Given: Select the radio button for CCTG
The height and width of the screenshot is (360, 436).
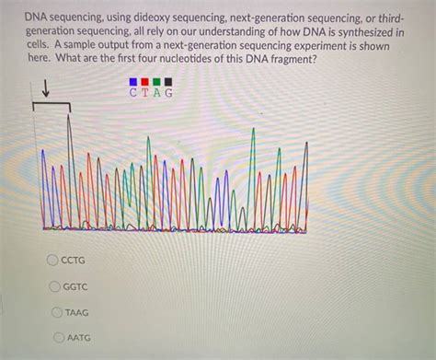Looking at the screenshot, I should pyautogui.click(x=53, y=261).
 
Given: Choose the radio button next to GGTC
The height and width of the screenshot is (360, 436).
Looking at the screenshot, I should pyautogui.click(x=57, y=286).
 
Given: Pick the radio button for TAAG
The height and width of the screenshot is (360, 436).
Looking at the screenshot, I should pyautogui.click(x=59, y=312).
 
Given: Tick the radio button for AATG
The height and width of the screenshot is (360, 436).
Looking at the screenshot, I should pyautogui.click(x=61, y=338).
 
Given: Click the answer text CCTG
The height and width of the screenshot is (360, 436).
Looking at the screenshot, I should pyautogui.click(x=73, y=261).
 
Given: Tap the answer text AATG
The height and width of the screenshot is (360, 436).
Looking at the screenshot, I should pyautogui.click(x=80, y=338).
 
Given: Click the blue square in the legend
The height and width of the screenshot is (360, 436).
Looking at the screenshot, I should pyautogui.click(x=133, y=81).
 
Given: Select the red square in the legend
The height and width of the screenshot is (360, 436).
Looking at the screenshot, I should pyautogui.click(x=145, y=81).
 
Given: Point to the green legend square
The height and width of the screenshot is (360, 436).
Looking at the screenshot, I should pyautogui.click(x=157, y=81).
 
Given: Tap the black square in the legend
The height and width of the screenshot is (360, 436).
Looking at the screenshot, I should pyautogui.click(x=169, y=81).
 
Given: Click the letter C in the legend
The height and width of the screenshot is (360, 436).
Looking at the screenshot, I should pyautogui.click(x=134, y=92).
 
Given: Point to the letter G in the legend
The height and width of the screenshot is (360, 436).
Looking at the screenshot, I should pyautogui.click(x=169, y=92).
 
